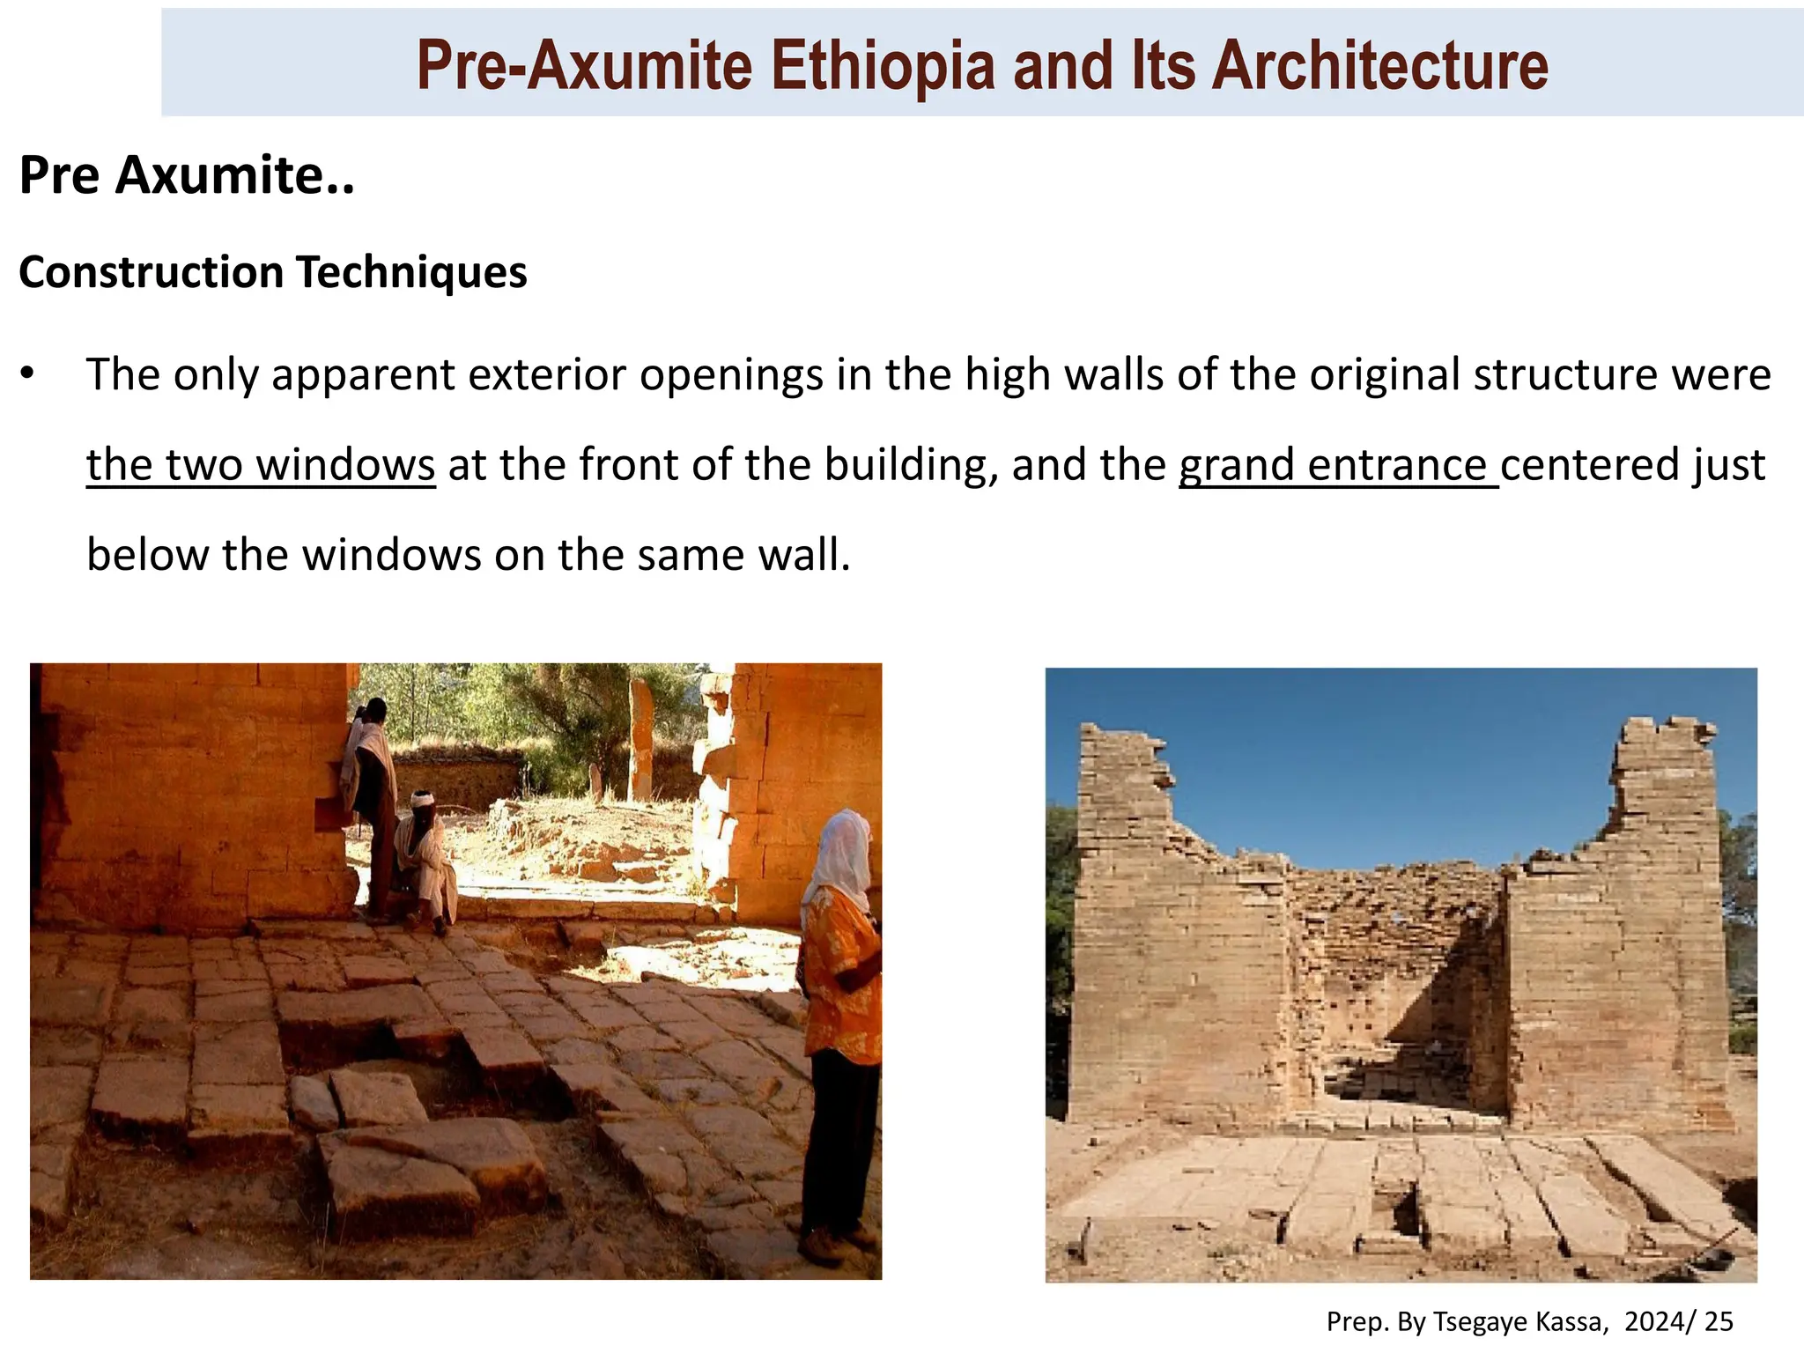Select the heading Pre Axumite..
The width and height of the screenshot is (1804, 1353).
click(x=186, y=175)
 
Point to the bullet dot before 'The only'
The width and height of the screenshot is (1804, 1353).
click(x=28, y=376)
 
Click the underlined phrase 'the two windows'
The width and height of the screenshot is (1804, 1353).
click(x=261, y=465)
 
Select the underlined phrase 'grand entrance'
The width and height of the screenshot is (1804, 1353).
click(x=1338, y=465)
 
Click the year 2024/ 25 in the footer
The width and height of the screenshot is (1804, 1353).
click(x=1679, y=1321)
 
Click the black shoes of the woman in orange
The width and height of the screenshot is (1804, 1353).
click(x=824, y=1243)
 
